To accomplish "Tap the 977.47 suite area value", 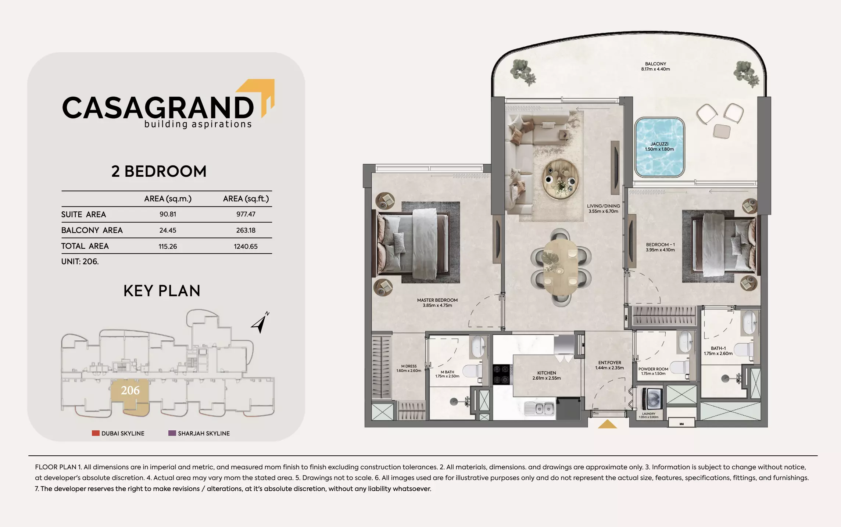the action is (x=246, y=214).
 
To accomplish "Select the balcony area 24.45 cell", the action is (x=168, y=230).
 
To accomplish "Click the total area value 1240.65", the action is (x=246, y=247).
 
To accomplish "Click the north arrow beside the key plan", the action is (x=260, y=323).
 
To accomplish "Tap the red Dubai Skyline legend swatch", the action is (x=96, y=433).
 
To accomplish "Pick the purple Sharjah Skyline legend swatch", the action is (x=172, y=433).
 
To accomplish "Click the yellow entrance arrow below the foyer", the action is (x=607, y=424).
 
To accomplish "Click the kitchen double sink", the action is (x=539, y=408).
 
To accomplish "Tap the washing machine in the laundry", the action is (x=652, y=398).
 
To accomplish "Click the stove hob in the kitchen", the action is (x=501, y=374).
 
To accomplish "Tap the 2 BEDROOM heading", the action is (x=159, y=172).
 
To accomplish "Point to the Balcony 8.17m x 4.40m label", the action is (x=655, y=67).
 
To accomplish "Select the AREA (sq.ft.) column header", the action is (x=246, y=199).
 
